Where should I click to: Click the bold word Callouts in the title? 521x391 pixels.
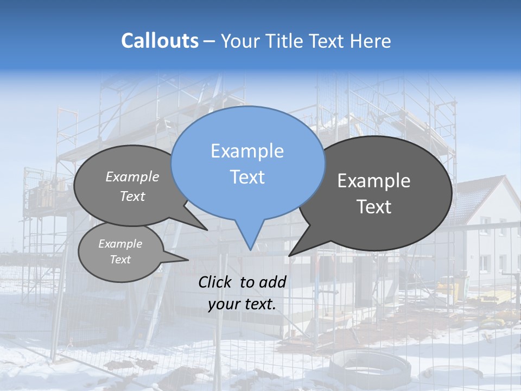[x=160, y=41]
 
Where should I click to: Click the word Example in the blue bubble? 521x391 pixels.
[x=247, y=151]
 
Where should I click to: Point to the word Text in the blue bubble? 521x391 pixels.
[x=247, y=177]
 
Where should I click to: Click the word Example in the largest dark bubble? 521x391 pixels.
[x=374, y=181]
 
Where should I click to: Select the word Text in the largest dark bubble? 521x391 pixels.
[x=374, y=207]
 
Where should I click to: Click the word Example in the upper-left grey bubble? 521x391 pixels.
[x=132, y=177]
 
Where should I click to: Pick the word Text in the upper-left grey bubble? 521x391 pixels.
[x=132, y=197]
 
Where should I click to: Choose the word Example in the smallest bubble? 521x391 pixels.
[x=120, y=244]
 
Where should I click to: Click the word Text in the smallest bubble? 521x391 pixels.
[x=120, y=260]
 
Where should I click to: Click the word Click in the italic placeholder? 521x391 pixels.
[x=216, y=282]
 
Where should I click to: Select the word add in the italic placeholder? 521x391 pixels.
[x=272, y=282]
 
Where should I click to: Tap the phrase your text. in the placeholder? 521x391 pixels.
[x=242, y=304]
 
